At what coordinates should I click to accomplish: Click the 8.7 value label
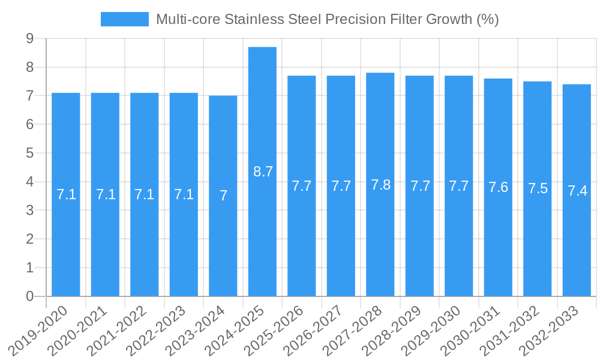pyautogui.click(x=263, y=172)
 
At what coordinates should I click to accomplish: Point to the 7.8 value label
pyautogui.click(x=380, y=185)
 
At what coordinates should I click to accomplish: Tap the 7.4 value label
pyautogui.click(x=577, y=191)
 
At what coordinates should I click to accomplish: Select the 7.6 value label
pyautogui.click(x=498, y=187)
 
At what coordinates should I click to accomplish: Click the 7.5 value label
pyautogui.click(x=538, y=188)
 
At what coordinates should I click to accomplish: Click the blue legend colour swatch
pyautogui.click(x=124, y=19)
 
